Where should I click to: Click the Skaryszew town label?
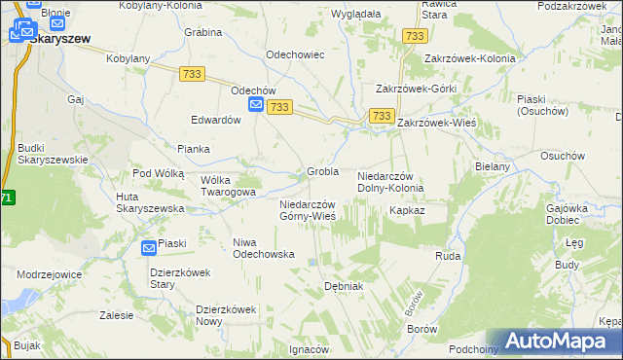(x=59, y=40)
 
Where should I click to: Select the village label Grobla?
(x=322, y=171)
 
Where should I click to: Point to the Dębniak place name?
(x=343, y=286)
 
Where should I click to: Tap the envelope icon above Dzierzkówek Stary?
(x=149, y=248)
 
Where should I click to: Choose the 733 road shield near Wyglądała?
(x=415, y=36)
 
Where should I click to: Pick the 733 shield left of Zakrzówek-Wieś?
(x=381, y=117)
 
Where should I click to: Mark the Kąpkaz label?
(x=407, y=210)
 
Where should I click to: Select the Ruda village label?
(x=447, y=256)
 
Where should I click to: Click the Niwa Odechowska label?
(x=263, y=247)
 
